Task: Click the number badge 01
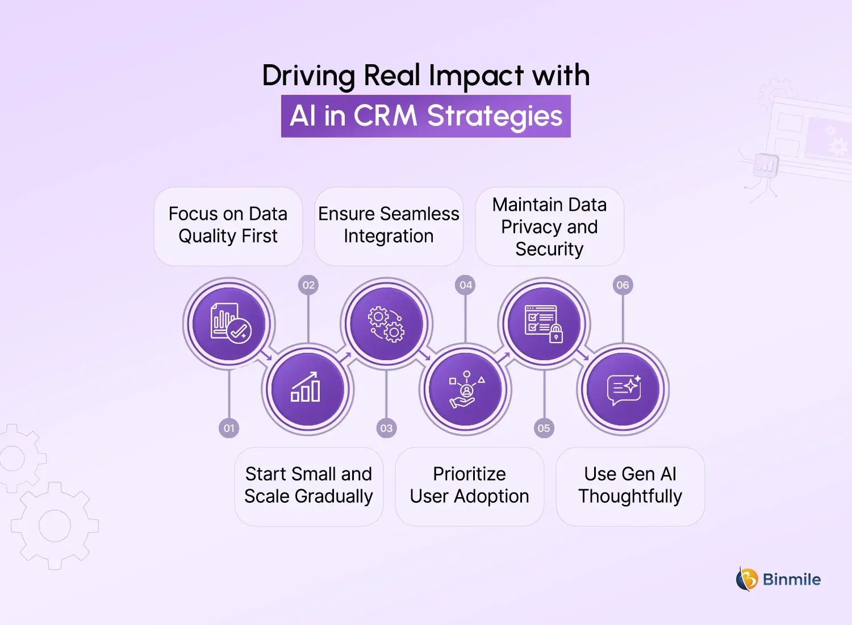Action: click(229, 428)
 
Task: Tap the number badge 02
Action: click(308, 285)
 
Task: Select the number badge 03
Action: click(386, 428)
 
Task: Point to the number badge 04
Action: click(466, 285)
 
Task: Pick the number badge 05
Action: click(544, 428)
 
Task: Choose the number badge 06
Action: click(623, 285)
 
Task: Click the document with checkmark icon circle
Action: click(229, 324)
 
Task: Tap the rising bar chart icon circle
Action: click(307, 389)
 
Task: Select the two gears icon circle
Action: click(386, 324)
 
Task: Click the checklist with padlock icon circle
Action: click(544, 324)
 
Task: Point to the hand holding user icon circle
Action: click(466, 389)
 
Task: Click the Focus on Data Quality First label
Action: click(228, 225)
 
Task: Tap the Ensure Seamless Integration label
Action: click(389, 225)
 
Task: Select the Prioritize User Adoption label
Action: click(469, 485)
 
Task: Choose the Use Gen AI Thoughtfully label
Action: click(630, 485)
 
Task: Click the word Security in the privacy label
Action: click(549, 249)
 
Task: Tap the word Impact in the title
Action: click(476, 76)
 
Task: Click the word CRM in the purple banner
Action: click(385, 116)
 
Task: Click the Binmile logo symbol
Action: click(747, 580)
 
